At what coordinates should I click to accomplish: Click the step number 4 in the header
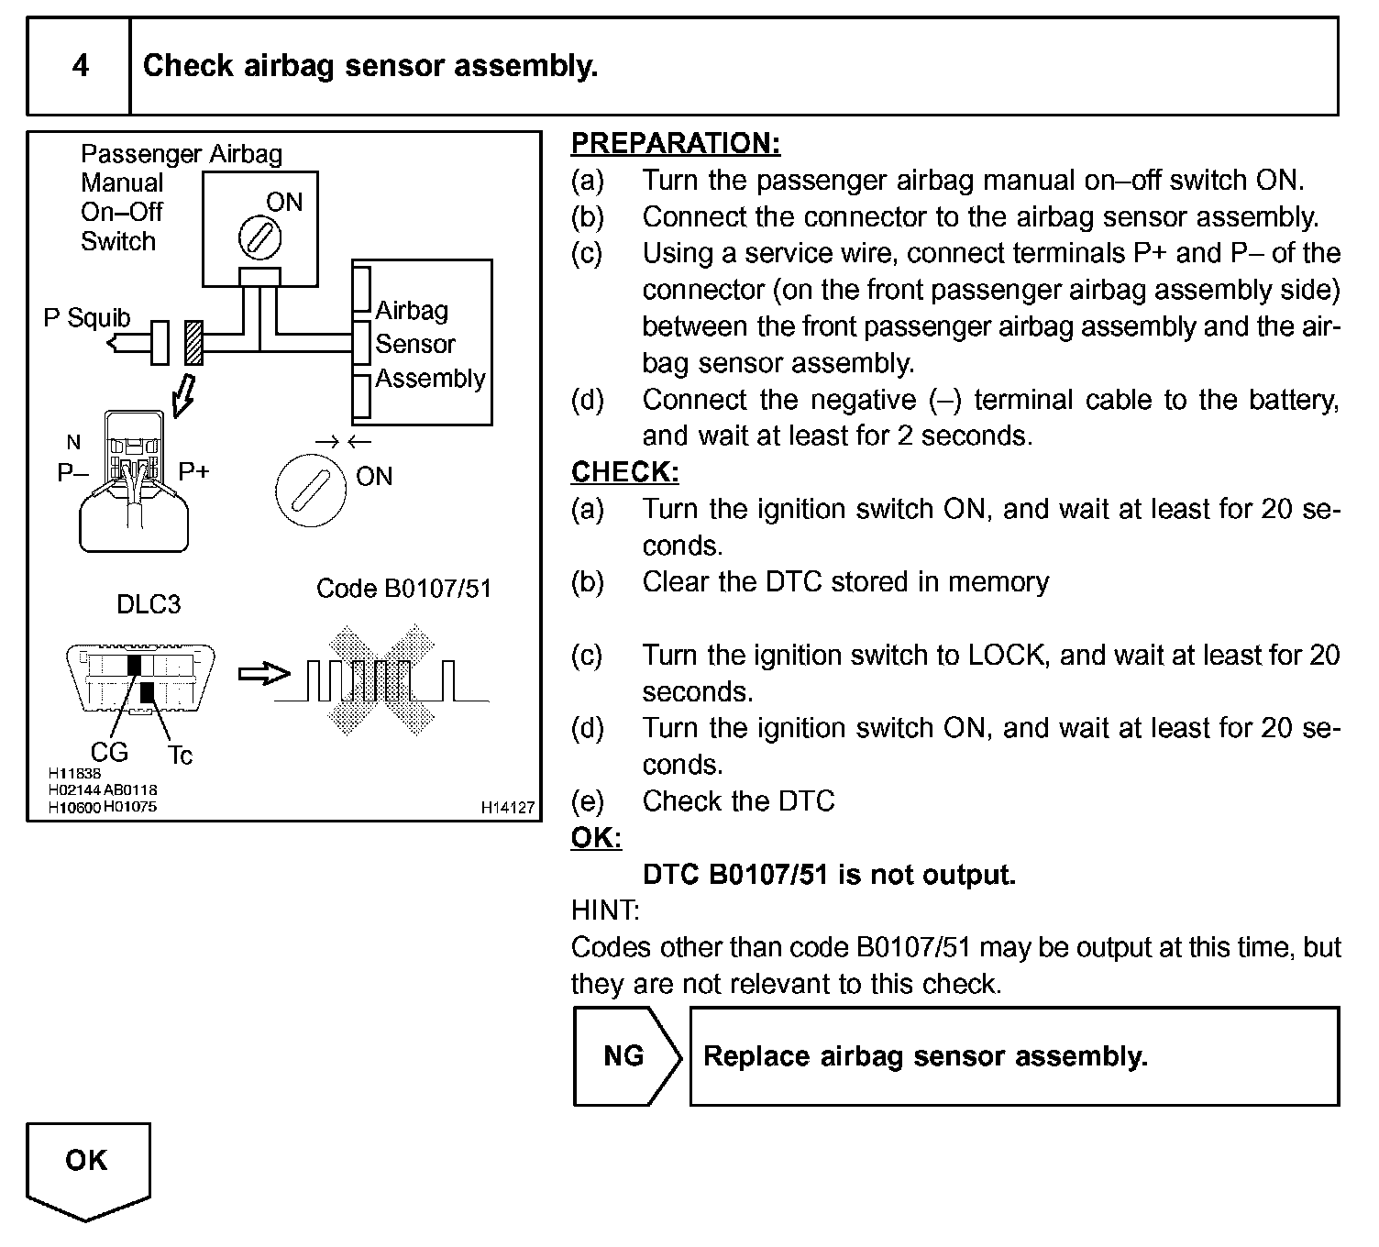(x=81, y=66)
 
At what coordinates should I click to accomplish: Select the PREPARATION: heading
(x=676, y=144)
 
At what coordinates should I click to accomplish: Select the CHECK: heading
(x=624, y=472)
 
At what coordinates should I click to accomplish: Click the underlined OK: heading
(x=596, y=838)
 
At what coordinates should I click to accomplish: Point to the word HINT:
(x=605, y=910)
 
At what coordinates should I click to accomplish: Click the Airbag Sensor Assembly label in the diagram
(x=428, y=344)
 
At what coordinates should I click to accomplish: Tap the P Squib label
(x=87, y=318)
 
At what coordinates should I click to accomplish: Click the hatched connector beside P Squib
(x=193, y=343)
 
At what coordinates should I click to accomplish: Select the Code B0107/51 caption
(x=403, y=588)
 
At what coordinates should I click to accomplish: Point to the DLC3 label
(x=149, y=604)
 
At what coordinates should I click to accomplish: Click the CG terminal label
(x=109, y=752)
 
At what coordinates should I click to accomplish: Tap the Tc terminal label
(x=180, y=755)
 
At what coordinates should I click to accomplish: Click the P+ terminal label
(x=193, y=471)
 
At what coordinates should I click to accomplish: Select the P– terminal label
(x=72, y=472)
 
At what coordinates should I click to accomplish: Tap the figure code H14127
(x=507, y=808)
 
